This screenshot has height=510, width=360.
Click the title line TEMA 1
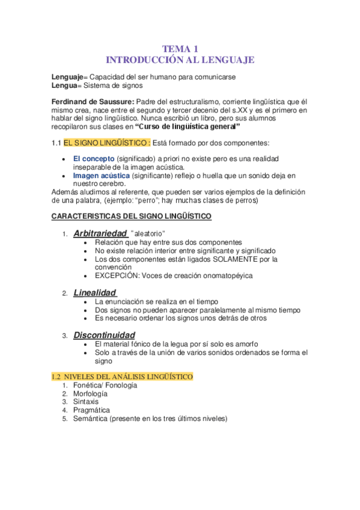pyautogui.click(x=180, y=49)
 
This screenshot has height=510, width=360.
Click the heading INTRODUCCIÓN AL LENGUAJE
pyautogui.click(x=180, y=60)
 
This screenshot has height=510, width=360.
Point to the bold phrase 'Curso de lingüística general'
pyautogui.click(x=188, y=127)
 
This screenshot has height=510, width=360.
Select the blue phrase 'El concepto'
pyautogui.click(x=94, y=158)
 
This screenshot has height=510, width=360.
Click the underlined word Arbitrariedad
pyautogui.click(x=100, y=233)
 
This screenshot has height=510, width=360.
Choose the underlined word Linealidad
pyautogui.click(x=94, y=292)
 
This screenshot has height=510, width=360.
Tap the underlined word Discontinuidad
pyautogui.click(x=104, y=334)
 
